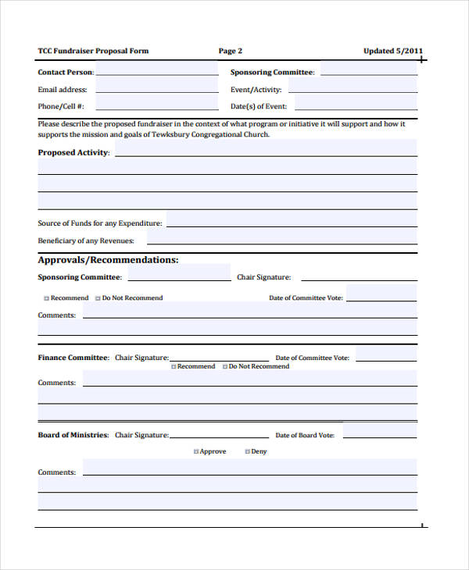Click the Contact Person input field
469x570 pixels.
(x=156, y=72)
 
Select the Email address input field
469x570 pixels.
(x=156, y=89)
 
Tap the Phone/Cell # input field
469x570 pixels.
(x=156, y=105)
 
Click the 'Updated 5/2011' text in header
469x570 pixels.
(x=393, y=52)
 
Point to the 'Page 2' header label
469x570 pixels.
(x=231, y=52)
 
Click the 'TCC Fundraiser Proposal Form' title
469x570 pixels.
(x=93, y=52)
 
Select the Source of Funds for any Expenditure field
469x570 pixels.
(x=291, y=222)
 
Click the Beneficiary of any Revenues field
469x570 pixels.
(x=281, y=240)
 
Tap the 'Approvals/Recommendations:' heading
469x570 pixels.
(x=108, y=260)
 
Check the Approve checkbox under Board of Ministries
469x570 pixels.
(x=196, y=452)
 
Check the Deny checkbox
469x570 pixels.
(x=248, y=452)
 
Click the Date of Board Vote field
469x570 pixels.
(x=379, y=434)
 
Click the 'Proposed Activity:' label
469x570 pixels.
(x=73, y=153)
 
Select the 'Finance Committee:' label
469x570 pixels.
(x=73, y=358)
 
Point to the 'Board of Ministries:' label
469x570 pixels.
(x=73, y=435)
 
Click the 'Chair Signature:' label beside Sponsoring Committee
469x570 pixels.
(x=263, y=277)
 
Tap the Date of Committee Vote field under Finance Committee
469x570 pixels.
(x=385, y=357)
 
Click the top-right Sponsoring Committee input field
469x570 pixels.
(x=368, y=72)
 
